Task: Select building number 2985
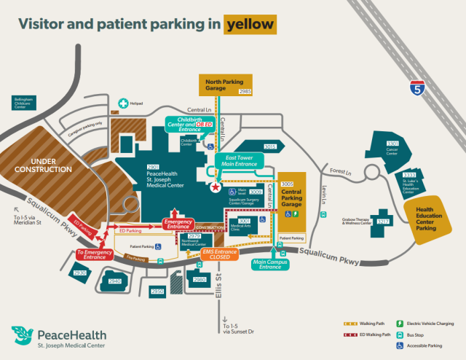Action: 245,91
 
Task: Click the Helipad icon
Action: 123,104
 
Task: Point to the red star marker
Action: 215,187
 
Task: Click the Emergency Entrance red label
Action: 178,223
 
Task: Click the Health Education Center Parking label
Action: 436,219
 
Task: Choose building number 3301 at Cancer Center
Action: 392,144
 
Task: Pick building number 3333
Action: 409,176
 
